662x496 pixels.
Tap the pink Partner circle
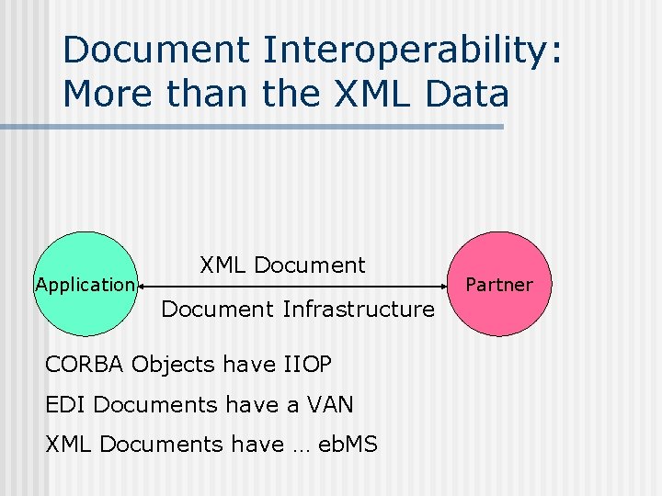tap(499, 257)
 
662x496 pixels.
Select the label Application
tap(85, 285)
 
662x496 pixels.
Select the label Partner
tap(499, 285)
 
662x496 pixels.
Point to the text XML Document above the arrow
tap(282, 265)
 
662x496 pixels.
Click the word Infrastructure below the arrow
tap(359, 310)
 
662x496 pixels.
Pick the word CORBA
tap(85, 365)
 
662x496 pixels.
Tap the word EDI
tap(65, 404)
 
